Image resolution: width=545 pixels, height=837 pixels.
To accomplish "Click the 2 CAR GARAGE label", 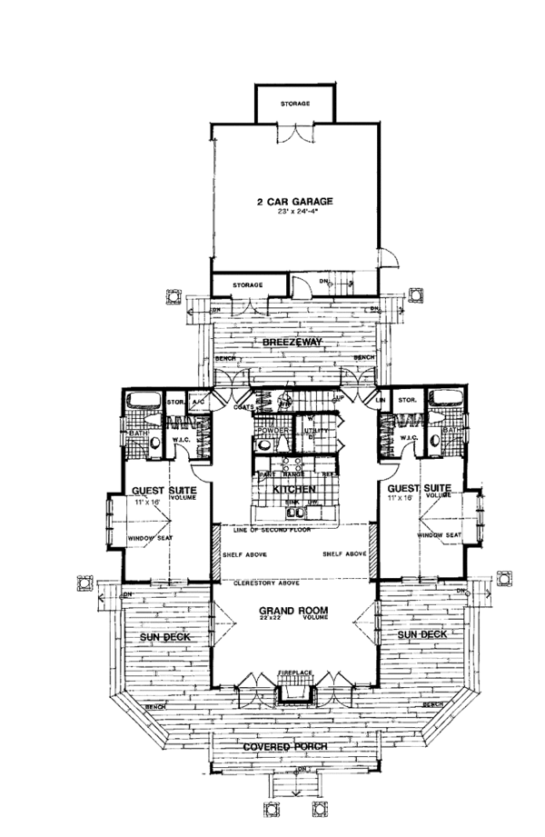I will pos(293,201).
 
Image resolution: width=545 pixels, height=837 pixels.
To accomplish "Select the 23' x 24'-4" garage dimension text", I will pos(293,212).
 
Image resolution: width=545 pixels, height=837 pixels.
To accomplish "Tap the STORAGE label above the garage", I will pos(294,104).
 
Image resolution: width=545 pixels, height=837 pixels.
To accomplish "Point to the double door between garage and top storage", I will pos(294,132).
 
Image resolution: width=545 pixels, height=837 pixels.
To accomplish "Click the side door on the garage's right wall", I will pos(389,259).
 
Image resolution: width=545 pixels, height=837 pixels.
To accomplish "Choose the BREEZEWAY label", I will pos(293,342).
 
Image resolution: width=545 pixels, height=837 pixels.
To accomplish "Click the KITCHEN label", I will pos(293,488).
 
